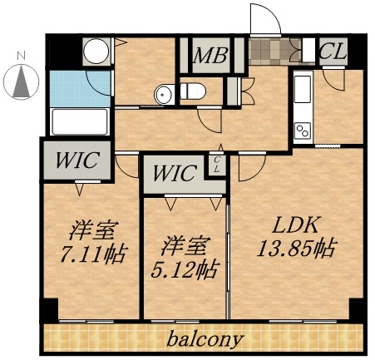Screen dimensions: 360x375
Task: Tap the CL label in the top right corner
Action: (333, 51)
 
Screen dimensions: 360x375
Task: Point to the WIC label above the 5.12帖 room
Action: (175, 175)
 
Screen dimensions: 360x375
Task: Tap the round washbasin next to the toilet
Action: (162, 95)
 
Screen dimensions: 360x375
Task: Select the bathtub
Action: (81, 121)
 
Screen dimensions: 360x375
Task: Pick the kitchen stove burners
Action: (301, 130)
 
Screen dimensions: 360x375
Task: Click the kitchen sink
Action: (301, 88)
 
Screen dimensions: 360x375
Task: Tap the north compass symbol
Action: (22, 81)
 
